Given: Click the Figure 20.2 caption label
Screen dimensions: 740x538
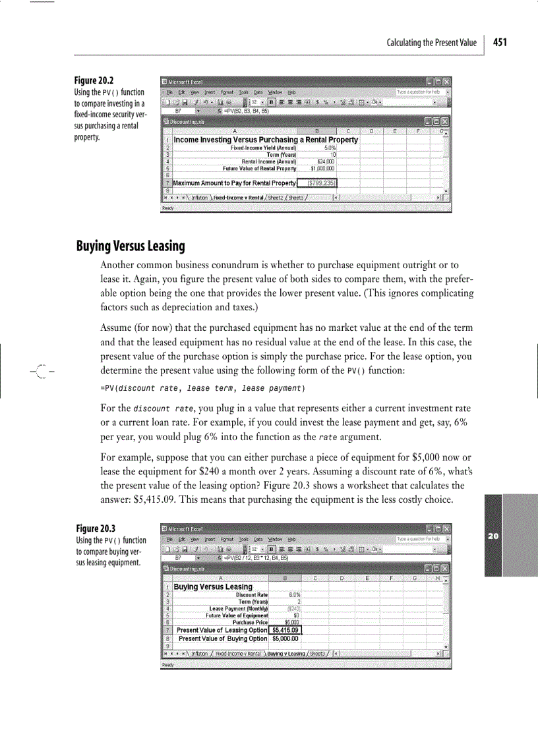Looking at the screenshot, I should [96, 80].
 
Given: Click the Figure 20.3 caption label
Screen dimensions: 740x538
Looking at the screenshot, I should [96, 528].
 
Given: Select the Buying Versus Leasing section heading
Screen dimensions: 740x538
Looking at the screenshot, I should [131, 246].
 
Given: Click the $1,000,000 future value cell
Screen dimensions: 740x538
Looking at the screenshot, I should [323, 168].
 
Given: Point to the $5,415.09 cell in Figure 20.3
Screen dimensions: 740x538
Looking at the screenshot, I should [286, 630].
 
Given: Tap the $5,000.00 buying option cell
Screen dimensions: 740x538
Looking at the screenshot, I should [286, 638].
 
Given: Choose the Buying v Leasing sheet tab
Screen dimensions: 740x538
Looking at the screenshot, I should [286, 654].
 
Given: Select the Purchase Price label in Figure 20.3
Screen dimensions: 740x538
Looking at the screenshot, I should [251, 622].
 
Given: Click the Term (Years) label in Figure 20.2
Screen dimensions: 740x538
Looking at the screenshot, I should [280, 154].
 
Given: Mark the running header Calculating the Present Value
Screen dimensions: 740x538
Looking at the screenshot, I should [431, 43].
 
